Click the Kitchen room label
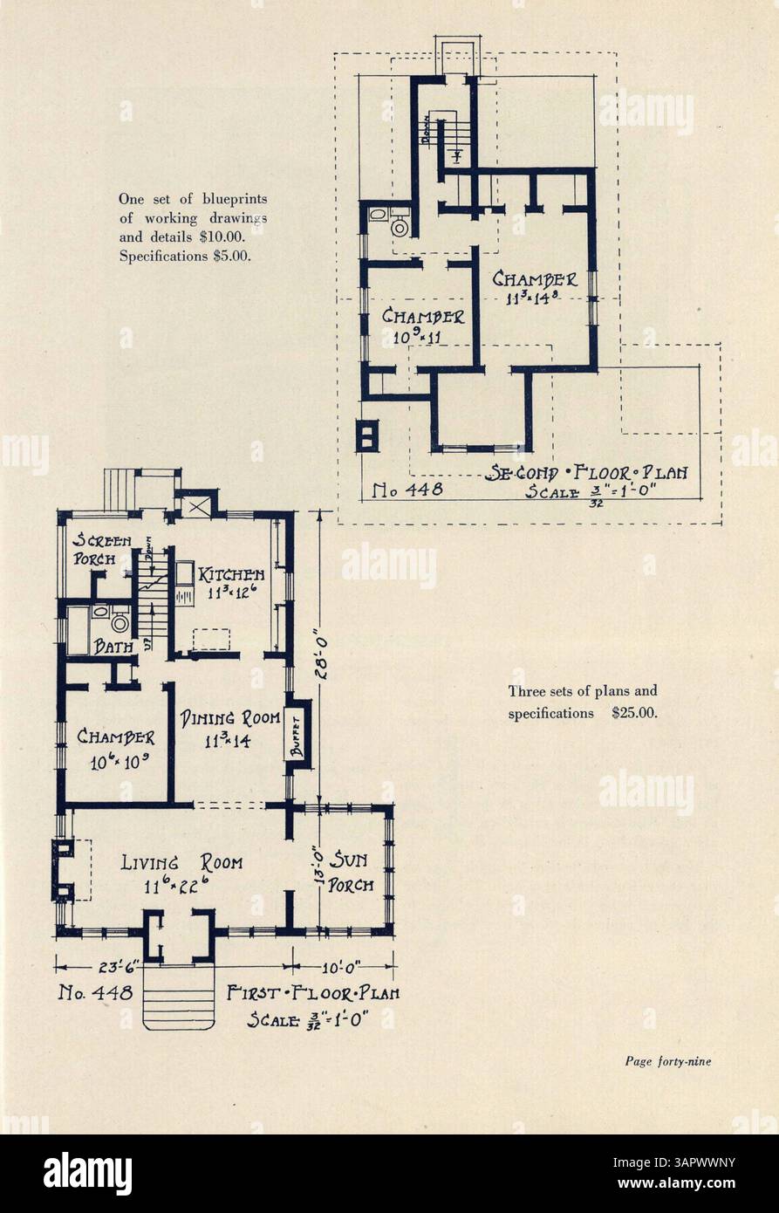coord(230,576)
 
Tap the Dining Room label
coord(230,719)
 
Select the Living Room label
coord(181,863)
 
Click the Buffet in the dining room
coord(297,733)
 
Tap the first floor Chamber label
coord(115,737)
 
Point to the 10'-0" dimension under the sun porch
coord(342,966)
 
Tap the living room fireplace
coord(65,868)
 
